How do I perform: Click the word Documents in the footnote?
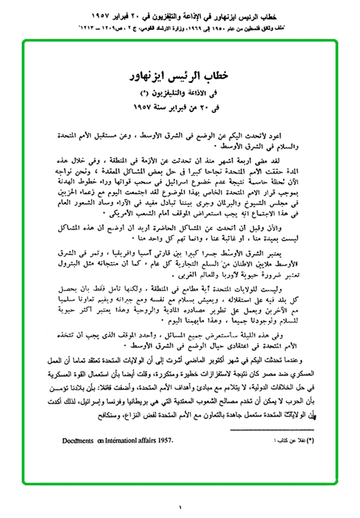(78, 440)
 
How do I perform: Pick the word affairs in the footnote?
(142, 440)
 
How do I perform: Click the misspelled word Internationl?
(116, 440)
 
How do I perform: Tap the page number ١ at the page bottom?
(180, 508)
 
